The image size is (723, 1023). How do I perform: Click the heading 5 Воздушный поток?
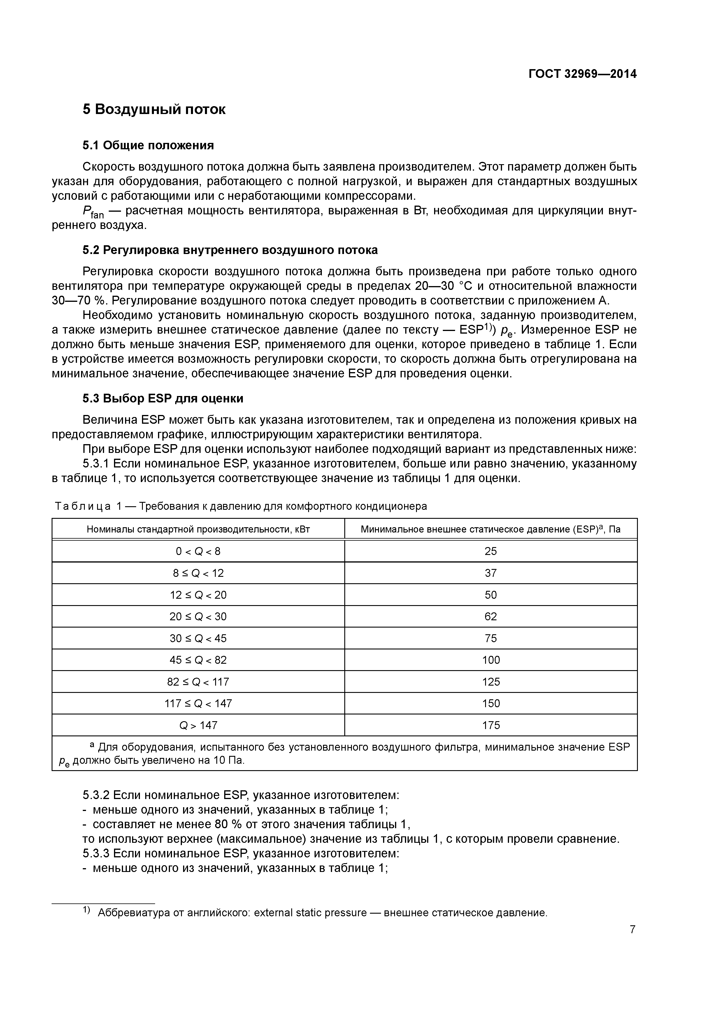[x=154, y=109]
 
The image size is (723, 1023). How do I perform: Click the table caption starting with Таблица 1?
[x=241, y=506]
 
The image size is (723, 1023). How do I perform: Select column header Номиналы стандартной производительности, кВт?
[x=198, y=529]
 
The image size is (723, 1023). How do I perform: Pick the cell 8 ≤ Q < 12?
[x=198, y=573]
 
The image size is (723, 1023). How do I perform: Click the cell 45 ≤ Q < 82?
[x=198, y=660]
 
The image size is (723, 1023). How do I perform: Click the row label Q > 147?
[x=198, y=725]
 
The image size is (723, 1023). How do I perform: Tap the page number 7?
[x=632, y=929]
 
